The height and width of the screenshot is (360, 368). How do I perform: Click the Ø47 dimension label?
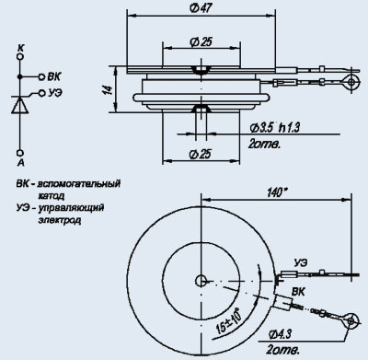click(x=201, y=8)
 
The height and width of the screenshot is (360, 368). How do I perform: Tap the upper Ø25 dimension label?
click(x=201, y=42)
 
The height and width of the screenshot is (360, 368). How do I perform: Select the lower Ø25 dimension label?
click(x=201, y=154)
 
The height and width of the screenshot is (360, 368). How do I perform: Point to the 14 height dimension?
click(x=108, y=90)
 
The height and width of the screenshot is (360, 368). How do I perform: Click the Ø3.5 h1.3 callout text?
click(x=274, y=127)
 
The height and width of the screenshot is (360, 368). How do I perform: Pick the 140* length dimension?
click(x=278, y=192)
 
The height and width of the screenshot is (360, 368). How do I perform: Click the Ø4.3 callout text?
click(x=280, y=334)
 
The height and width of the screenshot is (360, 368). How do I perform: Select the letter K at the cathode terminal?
click(x=20, y=48)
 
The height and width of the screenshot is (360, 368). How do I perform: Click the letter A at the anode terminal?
click(x=20, y=162)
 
